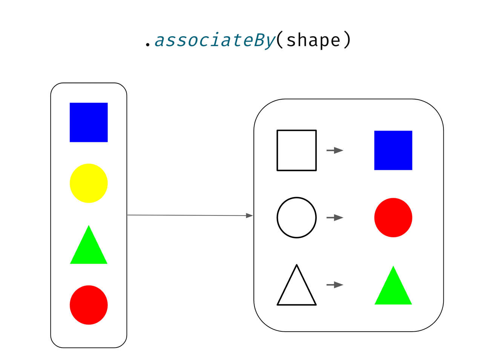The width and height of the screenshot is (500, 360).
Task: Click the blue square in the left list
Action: coord(89,122)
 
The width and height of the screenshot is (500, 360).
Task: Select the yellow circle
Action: coord(89,183)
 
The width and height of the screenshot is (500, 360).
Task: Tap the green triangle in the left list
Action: coord(89,249)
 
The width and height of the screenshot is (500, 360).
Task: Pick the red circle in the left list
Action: coord(89,305)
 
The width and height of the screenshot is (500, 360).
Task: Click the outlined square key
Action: coord(296,150)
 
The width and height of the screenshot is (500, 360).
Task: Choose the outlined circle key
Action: coord(296,217)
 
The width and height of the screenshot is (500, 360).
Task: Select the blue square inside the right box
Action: coord(393,150)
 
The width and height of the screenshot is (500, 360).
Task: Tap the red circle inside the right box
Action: coord(393,217)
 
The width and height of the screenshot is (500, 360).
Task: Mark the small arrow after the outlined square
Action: coord(335,150)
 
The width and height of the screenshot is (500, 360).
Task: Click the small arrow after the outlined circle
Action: coord(335,218)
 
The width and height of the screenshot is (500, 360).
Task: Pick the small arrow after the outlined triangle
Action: coord(335,285)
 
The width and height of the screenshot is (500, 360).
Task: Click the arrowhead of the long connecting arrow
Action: coord(249,215)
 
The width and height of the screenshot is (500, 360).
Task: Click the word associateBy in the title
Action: coord(215,40)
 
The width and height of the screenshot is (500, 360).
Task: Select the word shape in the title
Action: coord(313,40)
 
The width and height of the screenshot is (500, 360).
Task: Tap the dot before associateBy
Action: coord(148,45)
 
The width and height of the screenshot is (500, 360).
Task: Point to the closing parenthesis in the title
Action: coord(347,40)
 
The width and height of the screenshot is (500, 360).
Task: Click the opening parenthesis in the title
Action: coord(280,40)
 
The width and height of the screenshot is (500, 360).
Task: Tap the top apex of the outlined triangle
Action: coord(297,265)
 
